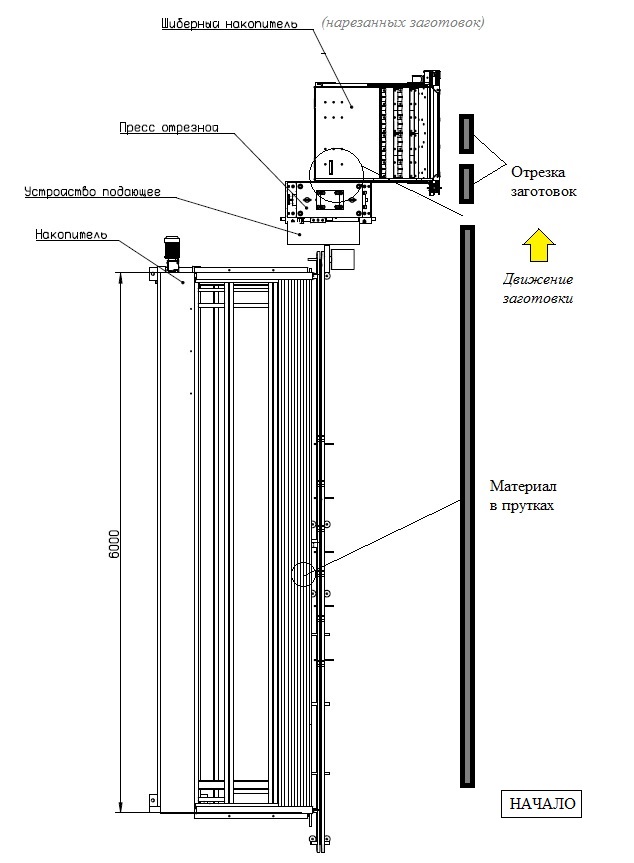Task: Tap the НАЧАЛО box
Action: pyautogui.click(x=542, y=804)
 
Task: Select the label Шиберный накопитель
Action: pyautogui.click(x=229, y=22)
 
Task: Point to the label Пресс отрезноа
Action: pyautogui.click(x=169, y=129)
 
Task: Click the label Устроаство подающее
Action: pyautogui.click(x=86, y=190)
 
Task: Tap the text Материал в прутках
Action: pyautogui.click(x=522, y=496)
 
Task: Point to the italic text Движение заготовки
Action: pyautogui.click(x=537, y=289)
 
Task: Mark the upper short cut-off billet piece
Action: pyautogui.click(x=465, y=132)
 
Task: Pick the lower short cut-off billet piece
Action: pyautogui.click(x=465, y=182)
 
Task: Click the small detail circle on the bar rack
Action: pyautogui.click(x=303, y=574)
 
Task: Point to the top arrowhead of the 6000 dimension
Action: pyautogui.click(x=120, y=277)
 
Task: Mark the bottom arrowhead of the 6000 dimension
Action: pyautogui.click(x=120, y=808)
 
